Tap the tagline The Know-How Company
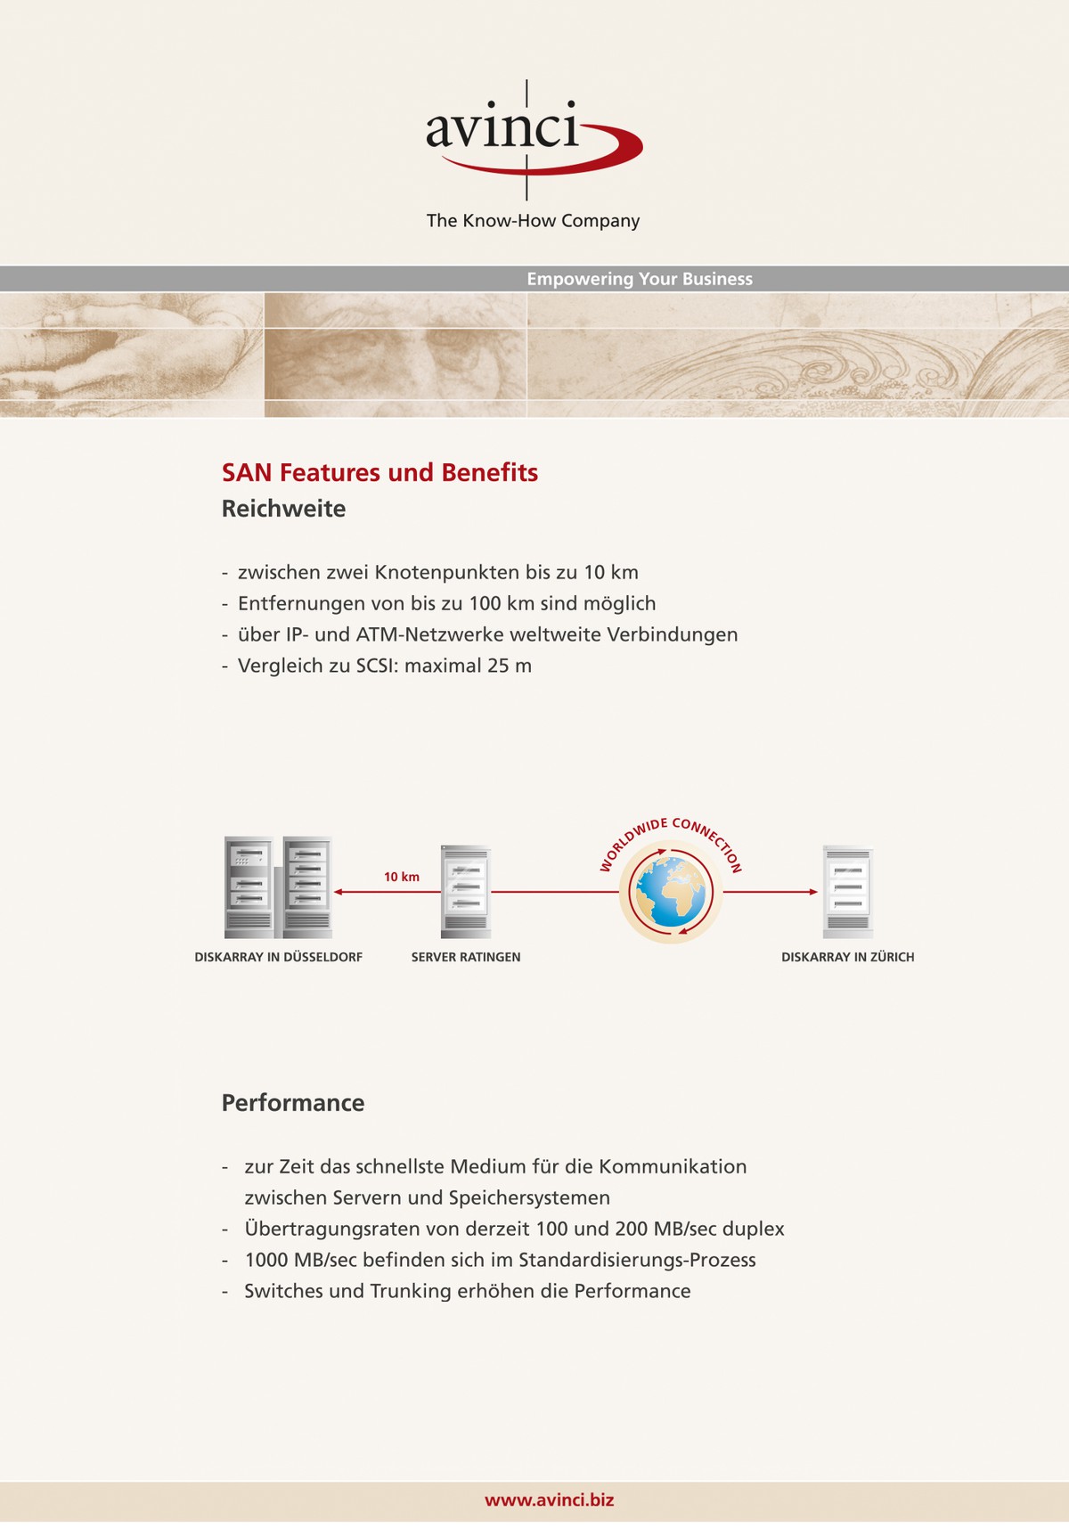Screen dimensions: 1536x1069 [x=533, y=221]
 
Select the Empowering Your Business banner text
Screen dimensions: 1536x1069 [x=640, y=279]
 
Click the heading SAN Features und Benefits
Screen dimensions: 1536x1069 [x=379, y=472]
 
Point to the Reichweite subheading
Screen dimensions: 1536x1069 [x=283, y=509]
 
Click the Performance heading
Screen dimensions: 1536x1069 [x=293, y=1103]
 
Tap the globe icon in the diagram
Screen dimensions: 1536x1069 [x=671, y=892]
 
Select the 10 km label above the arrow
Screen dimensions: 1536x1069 [x=401, y=877]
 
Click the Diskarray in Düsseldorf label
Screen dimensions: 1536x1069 [x=278, y=957]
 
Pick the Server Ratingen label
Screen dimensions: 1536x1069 [x=466, y=957]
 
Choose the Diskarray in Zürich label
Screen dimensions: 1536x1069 [x=847, y=957]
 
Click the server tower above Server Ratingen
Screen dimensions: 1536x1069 [x=465, y=891]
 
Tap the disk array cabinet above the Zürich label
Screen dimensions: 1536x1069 [x=847, y=891]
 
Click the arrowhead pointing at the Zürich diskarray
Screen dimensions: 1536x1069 [x=812, y=892]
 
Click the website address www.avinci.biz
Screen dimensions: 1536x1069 [x=549, y=1499]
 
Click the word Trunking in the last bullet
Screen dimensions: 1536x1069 [x=411, y=1291]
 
